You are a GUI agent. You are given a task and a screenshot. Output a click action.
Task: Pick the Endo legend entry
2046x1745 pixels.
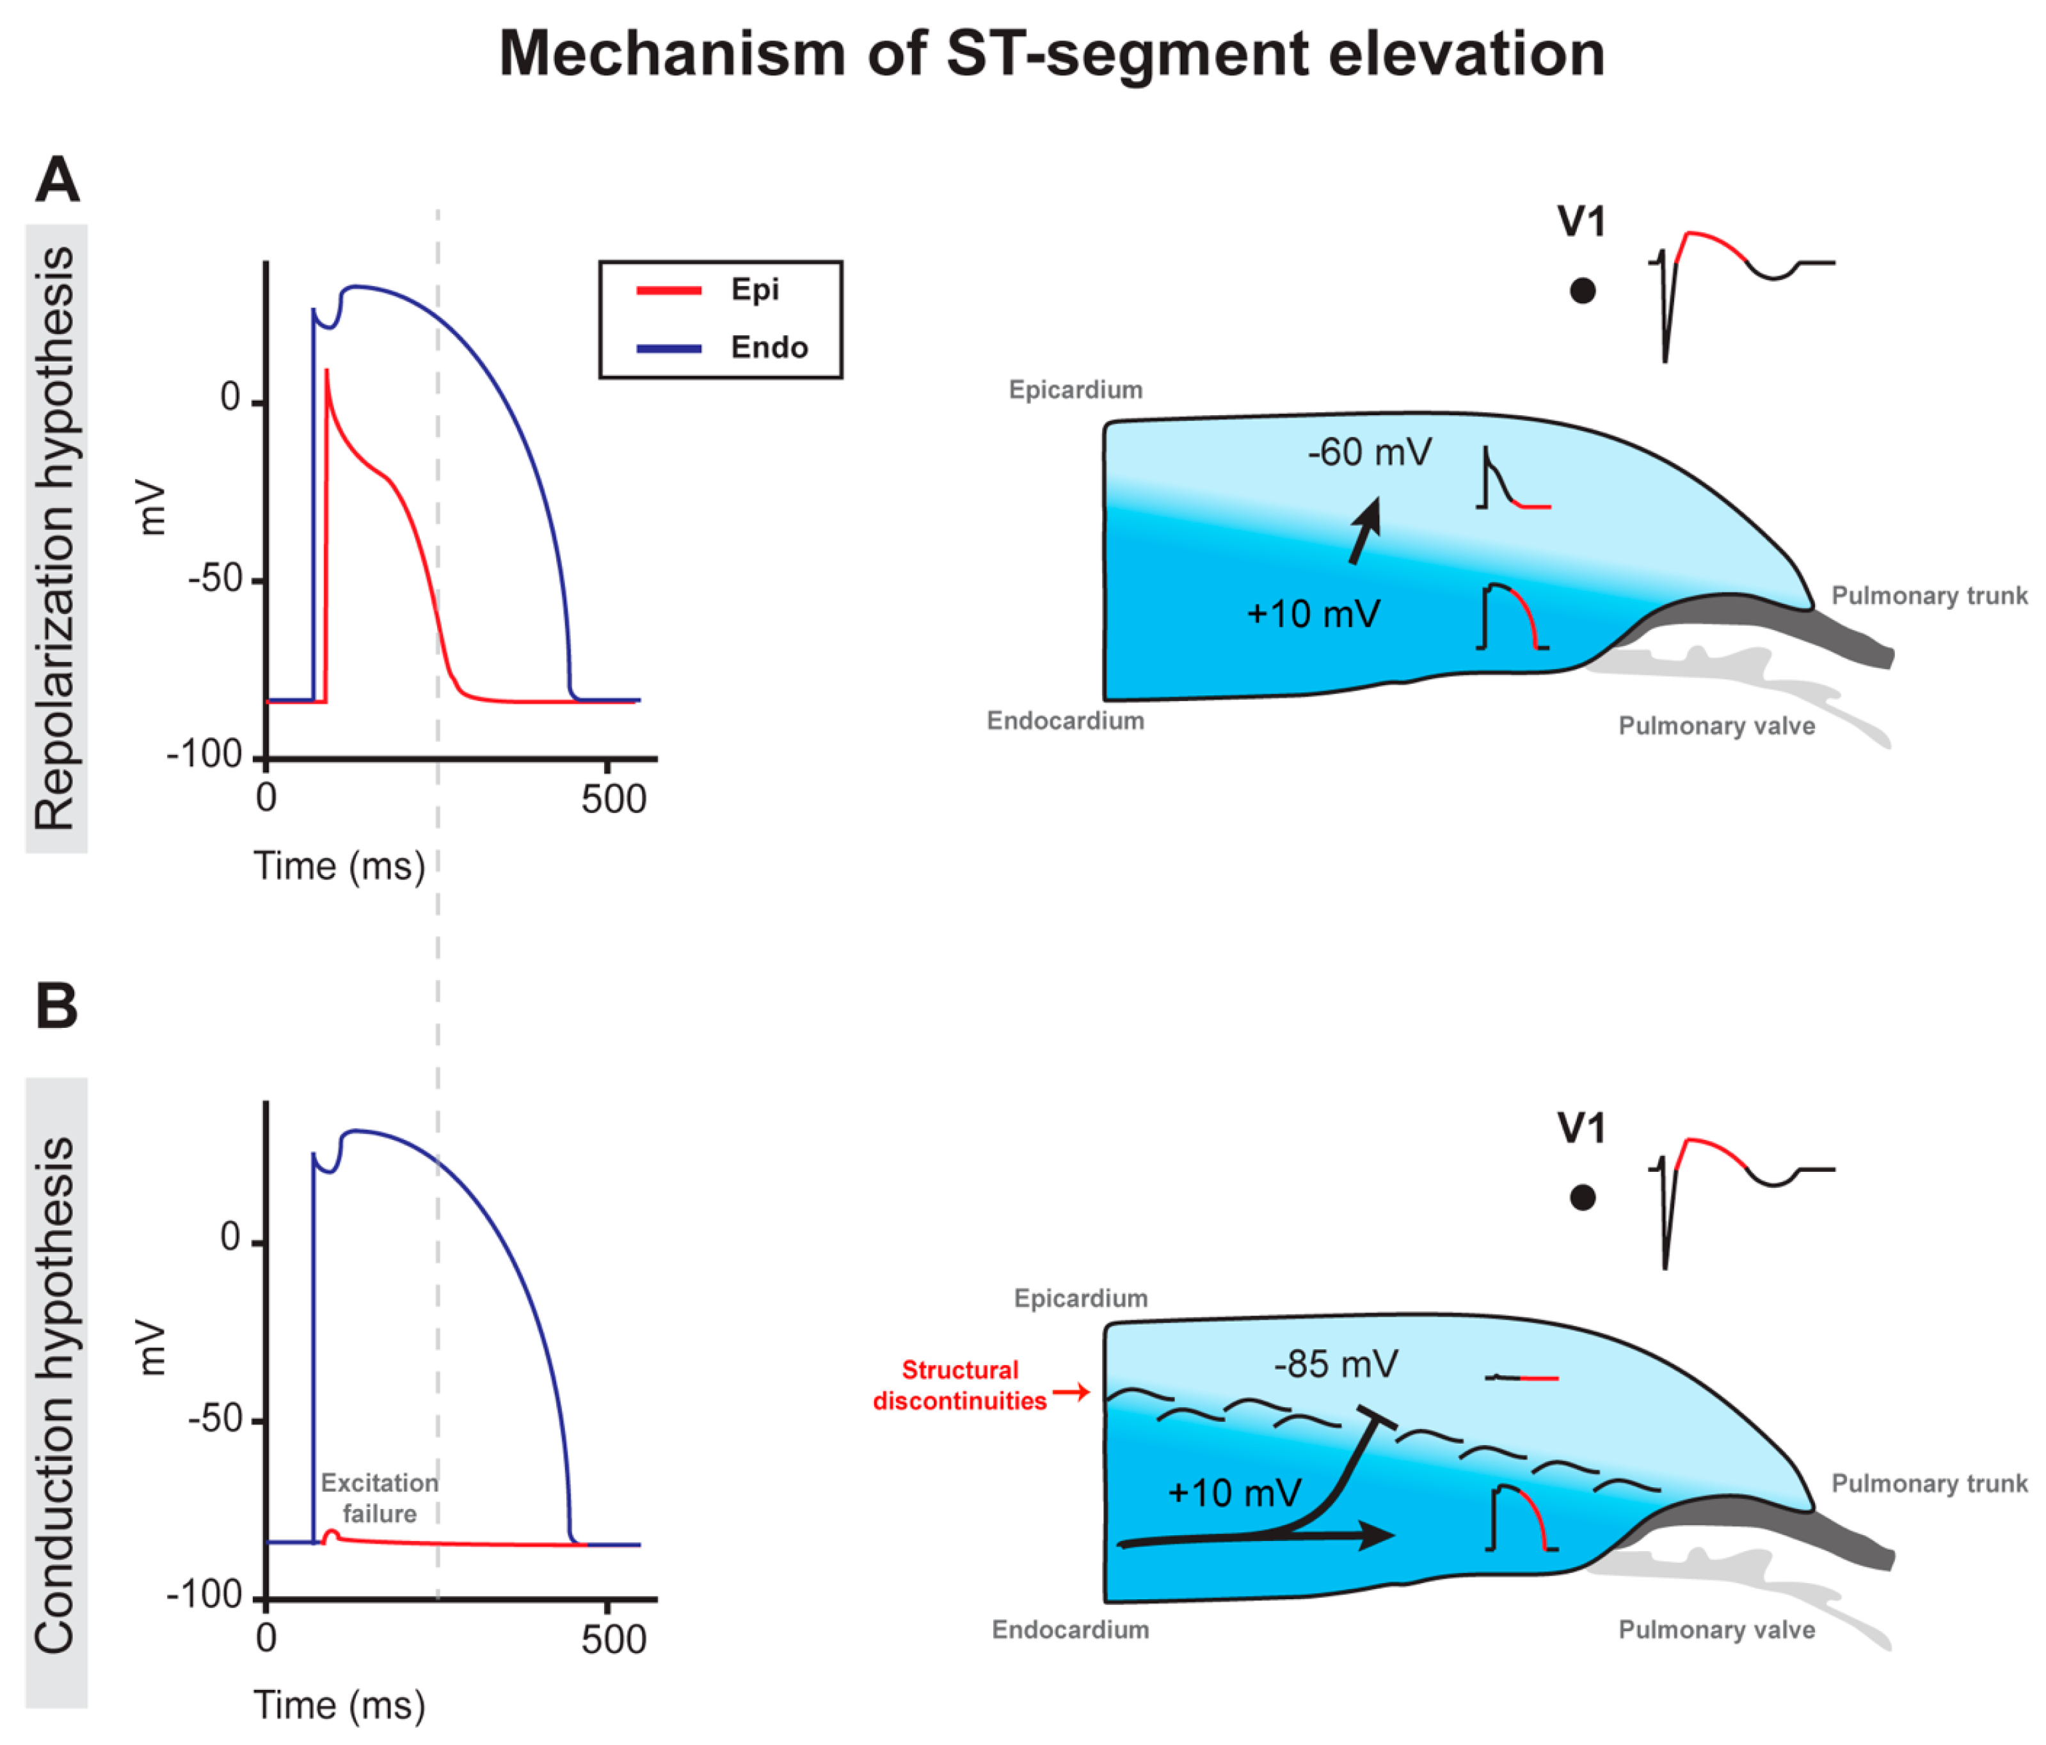pos(768,347)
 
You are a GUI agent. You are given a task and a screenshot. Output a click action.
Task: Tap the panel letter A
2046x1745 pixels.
pos(57,180)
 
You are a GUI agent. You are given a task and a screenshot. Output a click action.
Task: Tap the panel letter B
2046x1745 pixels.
pos(57,1007)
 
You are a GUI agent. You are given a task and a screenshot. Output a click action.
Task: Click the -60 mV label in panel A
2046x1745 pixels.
pos(1369,453)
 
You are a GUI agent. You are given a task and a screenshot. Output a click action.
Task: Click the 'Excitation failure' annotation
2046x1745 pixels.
pos(379,1498)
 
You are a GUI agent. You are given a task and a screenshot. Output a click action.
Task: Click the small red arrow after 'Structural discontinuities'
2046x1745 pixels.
pos(1071,1393)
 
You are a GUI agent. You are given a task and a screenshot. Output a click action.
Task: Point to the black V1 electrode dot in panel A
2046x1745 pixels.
pos(1582,291)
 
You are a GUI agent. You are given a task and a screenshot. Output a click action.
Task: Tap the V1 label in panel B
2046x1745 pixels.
pos(1581,1128)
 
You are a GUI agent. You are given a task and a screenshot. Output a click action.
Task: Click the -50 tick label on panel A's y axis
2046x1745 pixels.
pos(215,580)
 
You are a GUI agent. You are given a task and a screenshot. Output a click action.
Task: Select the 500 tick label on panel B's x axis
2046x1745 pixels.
pos(613,1640)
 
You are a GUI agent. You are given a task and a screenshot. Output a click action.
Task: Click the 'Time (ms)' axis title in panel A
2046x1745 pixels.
pos(340,867)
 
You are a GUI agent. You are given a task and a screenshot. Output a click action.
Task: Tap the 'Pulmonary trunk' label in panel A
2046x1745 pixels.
pos(1928,596)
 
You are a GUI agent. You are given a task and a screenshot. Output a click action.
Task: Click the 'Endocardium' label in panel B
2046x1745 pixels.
pos(1071,1629)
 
